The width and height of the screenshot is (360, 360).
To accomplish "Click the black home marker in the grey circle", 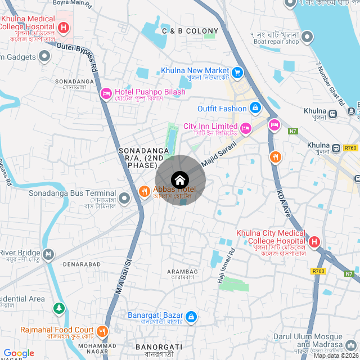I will pos(180,180).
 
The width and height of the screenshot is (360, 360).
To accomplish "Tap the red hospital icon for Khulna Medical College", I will pos(64,27).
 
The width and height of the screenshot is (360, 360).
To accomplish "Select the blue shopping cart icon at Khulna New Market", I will pos(237,72).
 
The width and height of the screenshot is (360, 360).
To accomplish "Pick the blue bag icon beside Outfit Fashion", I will pos(255,107).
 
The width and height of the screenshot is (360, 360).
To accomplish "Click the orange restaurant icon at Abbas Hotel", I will pos(144,192).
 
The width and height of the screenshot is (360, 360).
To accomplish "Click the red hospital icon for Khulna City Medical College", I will pos(314,242).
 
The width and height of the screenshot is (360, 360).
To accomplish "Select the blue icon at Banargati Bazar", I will pos(191,317).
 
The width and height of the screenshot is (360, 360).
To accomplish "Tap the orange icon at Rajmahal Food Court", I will pos(102,331).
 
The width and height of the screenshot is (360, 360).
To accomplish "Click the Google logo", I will pos(19,353).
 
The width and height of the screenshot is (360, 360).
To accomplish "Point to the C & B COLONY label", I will pos(190,31).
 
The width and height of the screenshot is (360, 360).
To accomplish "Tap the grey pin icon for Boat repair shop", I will pos(307,38).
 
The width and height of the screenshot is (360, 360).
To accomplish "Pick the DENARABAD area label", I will pos(82,264).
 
